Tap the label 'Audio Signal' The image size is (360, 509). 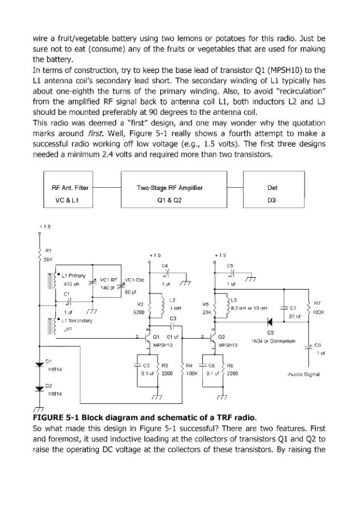coord(303,374)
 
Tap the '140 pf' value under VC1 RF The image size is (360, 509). coord(107,288)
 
